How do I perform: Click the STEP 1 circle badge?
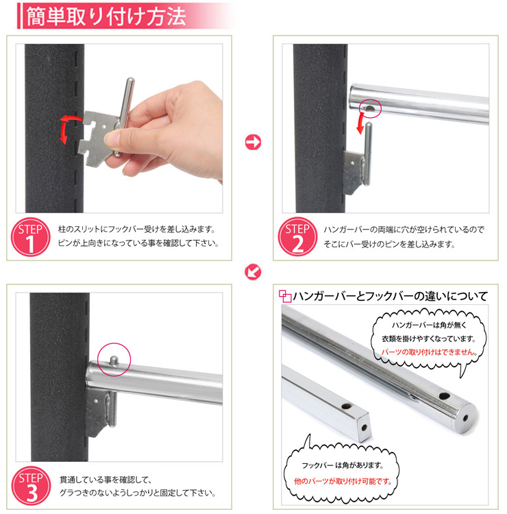(x=30, y=237)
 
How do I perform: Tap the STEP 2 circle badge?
(x=297, y=236)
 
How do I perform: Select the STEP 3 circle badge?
(x=31, y=486)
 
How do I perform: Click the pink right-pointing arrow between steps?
(x=253, y=143)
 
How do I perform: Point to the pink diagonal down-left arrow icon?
(x=253, y=272)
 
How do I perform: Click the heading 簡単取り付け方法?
(x=106, y=16)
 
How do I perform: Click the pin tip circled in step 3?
(x=114, y=360)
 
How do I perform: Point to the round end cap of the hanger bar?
(x=465, y=418)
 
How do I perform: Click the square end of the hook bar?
(x=363, y=427)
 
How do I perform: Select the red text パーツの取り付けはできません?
(x=428, y=352)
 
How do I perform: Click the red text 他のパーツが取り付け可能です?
(x=343, y=481)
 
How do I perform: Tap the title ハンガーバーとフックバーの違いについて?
(x=391, y=296)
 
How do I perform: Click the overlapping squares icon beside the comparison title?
(x=285, y=296)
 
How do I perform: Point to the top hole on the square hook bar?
(x=347, y=406)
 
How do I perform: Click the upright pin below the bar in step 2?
(x=368, y=154)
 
